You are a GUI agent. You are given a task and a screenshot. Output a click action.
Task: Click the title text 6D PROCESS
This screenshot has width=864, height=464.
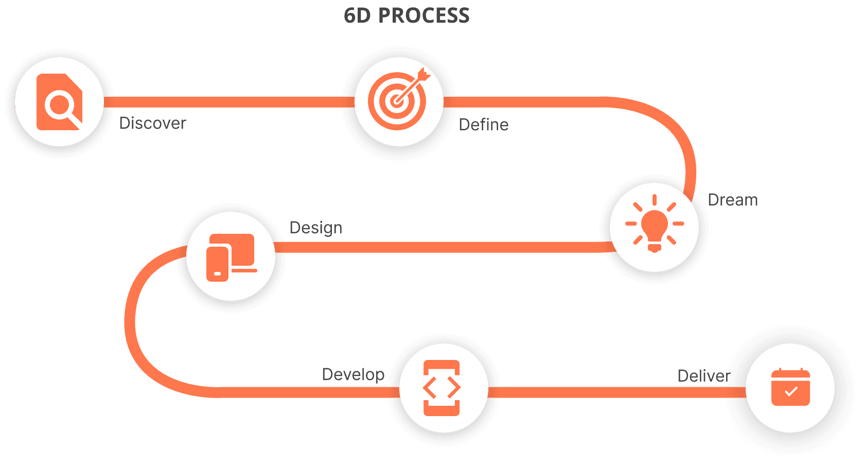[x=407, y=15]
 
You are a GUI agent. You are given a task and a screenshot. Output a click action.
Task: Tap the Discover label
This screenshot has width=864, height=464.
[x=152, y=123]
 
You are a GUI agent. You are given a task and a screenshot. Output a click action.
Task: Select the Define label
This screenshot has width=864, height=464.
[x=483, y=124]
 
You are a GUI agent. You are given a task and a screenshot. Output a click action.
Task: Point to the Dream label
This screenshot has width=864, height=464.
[x=732, y=200]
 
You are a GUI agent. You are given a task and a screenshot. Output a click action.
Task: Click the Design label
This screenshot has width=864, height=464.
[x=315, y=228]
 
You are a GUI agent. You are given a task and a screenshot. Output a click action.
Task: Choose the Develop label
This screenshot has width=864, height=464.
[x=353, y=374]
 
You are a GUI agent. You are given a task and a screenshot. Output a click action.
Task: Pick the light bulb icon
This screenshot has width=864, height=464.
[x=655, y=225]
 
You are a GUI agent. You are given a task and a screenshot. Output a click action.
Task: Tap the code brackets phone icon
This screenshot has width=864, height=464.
[x=442, y=388]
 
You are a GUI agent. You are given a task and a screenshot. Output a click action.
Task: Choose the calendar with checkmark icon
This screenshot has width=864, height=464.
[x=790, y=388]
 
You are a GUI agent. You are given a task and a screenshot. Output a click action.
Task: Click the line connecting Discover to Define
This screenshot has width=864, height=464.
[x=226, y=102]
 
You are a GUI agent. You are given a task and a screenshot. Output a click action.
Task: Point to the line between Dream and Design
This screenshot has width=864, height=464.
[x=443, y=247]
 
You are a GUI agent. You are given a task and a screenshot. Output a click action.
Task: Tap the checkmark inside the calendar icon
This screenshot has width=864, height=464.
[x=791, y=392]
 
